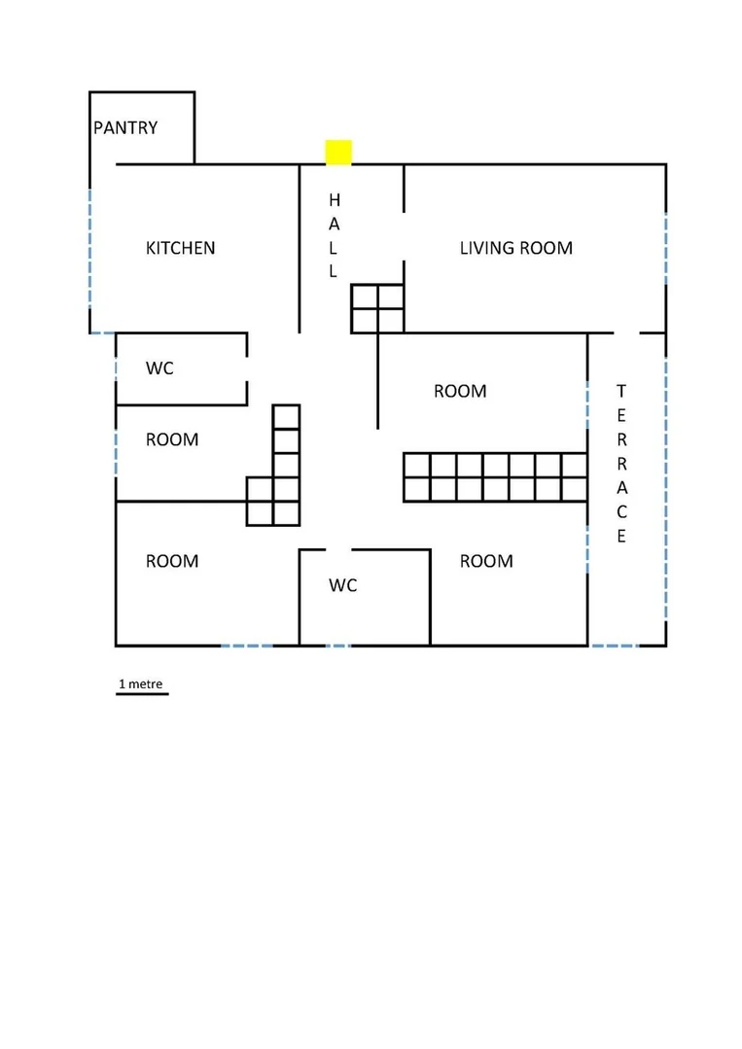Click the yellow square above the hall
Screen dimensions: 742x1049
pyautogui.click(x=338, y=152)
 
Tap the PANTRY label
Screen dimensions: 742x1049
pyautogui.click(x=125, y=127)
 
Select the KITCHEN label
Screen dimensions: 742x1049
pyautogui.click(x=181, y=248)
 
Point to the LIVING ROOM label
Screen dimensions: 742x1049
pyautogui.click(x=515, y=248)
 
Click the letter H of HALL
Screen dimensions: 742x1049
pyautogui.click(x=335, y=200)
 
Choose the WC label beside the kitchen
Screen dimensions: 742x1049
pyautogui.click(x=159, y=367)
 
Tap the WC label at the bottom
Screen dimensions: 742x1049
pyautogui.click(x=342, y=585)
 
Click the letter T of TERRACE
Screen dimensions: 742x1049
pyautogui.click(x=621, y=391)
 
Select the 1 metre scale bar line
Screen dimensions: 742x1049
pyautogui.click(x=142, y=694)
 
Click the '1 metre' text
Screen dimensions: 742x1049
pyautogui.click(x=140, y=683)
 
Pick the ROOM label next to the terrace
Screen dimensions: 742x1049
pyautogui.click(x=460, y=392)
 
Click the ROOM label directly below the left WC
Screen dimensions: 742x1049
pyautogui.click(x=172, y=439)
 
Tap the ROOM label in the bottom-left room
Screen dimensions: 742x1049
pyautogui.click(x=172, y=561)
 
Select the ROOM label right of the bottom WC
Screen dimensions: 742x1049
pyautogui.click(x=486, y=561)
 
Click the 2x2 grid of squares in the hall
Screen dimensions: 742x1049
pyautogui.click(x=377, y=308)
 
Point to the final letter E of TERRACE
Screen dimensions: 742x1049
pyautogui.click(x=621, y=536)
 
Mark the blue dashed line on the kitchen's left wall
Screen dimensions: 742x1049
pyautogui.click(x=89, y=248)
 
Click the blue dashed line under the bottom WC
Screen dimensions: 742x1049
pyautogui.click(x=337, y=646)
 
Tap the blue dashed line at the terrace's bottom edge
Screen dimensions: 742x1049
pyautogui.click(x=615, y=646)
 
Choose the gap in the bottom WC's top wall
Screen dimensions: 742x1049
pyautogui.click(x=338, y=550)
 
